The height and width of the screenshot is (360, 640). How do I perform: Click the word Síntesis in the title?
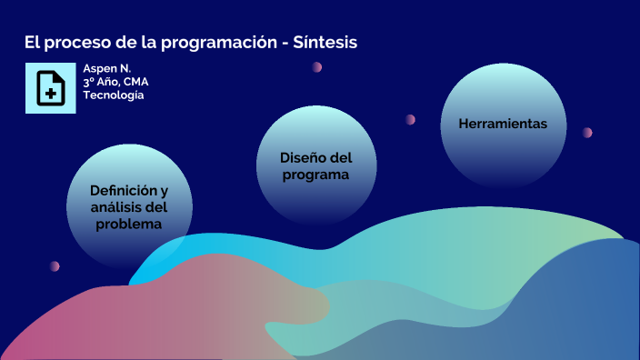[325, 43]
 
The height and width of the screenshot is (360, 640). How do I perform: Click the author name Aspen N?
[106, 69]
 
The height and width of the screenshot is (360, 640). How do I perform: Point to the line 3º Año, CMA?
[115, 82]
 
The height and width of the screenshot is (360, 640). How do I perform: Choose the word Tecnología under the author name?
[113, 95]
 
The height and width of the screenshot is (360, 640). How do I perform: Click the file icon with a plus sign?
[50, 88]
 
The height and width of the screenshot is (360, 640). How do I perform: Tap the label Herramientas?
[503, 124]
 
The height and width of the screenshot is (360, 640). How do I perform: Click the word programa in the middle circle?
[315, 175]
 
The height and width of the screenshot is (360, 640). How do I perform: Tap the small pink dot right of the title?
[317, 67]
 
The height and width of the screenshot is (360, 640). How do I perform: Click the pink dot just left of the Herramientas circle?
[411, 119]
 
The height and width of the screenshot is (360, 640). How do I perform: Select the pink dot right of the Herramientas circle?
[587, 133]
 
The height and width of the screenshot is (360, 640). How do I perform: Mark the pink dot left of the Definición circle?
[55, 266]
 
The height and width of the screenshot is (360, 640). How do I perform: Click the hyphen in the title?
[285, 44]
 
